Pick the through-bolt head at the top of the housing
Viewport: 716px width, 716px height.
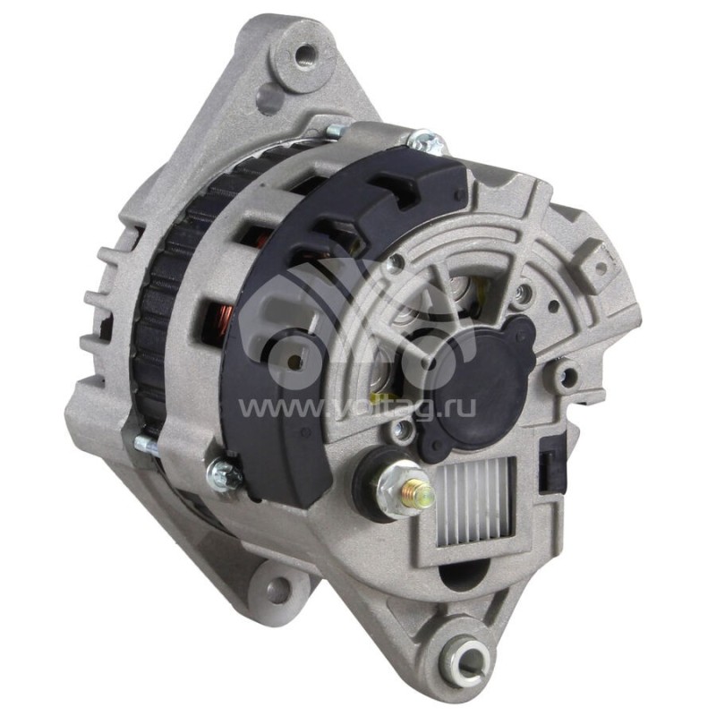(x=424, y=141)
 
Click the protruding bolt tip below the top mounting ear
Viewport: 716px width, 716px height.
(x=334, y=131)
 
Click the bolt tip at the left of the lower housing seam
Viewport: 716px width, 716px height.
(x=143, y=443)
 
